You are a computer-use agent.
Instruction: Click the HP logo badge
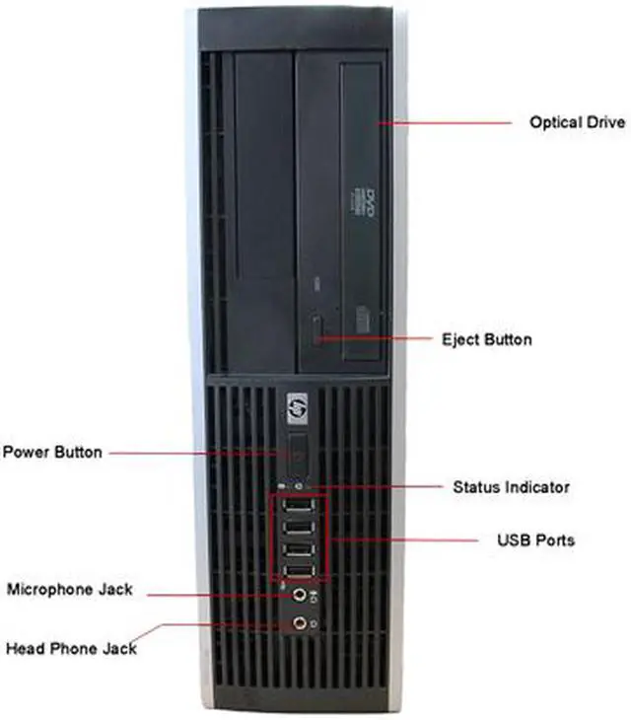pyautogui.click(x=297, y=405)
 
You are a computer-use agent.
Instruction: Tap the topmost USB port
pyautogui.click(x=297, y=509)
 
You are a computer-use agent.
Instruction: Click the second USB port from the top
pyautogui.click(x=297, y=530)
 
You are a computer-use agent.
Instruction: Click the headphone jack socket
pyautogui.click(x=297, y=622)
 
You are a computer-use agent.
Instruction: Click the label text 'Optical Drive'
pyautogui.click(x=577, y=122)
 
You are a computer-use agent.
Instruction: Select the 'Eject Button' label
pyautogui.click(x=486, y=340)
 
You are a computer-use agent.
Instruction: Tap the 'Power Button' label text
pyautogui.click(x=52, y=453)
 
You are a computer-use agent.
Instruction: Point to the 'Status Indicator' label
pyautogui.click(x=511, y=487)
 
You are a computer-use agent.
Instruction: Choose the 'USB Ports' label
pyautogui.click(x=534, y=540)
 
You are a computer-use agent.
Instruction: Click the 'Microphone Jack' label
pyautogui.click(x=70, y=590)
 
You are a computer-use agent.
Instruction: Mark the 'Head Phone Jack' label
pyautogui.click(x=71, y=648)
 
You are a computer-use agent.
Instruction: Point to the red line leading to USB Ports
pyautogui.click(x=414, y=540)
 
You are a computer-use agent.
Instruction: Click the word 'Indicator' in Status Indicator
pyautogui.click(x=536, y=487)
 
